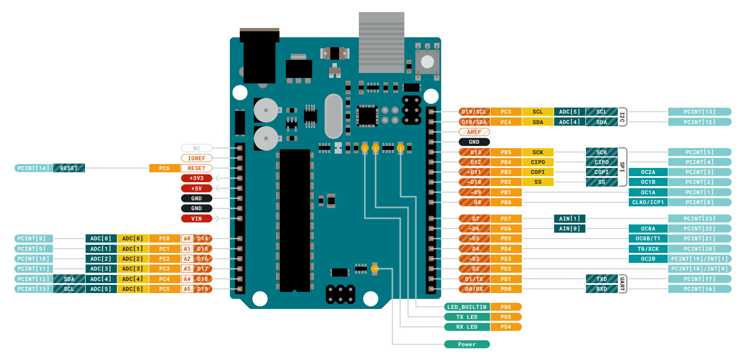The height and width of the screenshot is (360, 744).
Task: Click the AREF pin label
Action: tap(474, 132)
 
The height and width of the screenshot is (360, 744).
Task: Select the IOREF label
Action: tap(196, 158)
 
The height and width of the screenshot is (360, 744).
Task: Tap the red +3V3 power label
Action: tap(196, 178)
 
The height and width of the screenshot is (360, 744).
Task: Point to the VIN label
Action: tap(196, 218)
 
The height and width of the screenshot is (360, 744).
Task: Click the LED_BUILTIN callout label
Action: tap(466, 307)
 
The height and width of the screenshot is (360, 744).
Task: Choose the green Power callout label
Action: tap(466, 344)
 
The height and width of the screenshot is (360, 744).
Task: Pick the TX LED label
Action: tap(466, 317)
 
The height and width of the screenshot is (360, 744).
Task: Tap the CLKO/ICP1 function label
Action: tap(647, 202)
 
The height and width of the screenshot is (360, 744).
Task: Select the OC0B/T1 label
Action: tap(647, 239)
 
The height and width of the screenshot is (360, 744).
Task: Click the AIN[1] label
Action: tap(570, 218)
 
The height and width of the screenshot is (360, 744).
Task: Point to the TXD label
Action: tap(602, 279)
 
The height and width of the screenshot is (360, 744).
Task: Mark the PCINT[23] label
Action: tap(700, 218)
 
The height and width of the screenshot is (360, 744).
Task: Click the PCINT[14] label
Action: tap(33, 168)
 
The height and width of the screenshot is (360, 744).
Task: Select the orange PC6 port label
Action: tap(165, 168)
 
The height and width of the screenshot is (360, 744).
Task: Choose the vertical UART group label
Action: tap(623, 284)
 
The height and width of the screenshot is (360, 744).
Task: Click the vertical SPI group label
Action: tap(623, 167)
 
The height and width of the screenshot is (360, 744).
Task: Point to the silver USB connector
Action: tap(381, 42)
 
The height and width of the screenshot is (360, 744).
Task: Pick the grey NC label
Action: tap(196, 148)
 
